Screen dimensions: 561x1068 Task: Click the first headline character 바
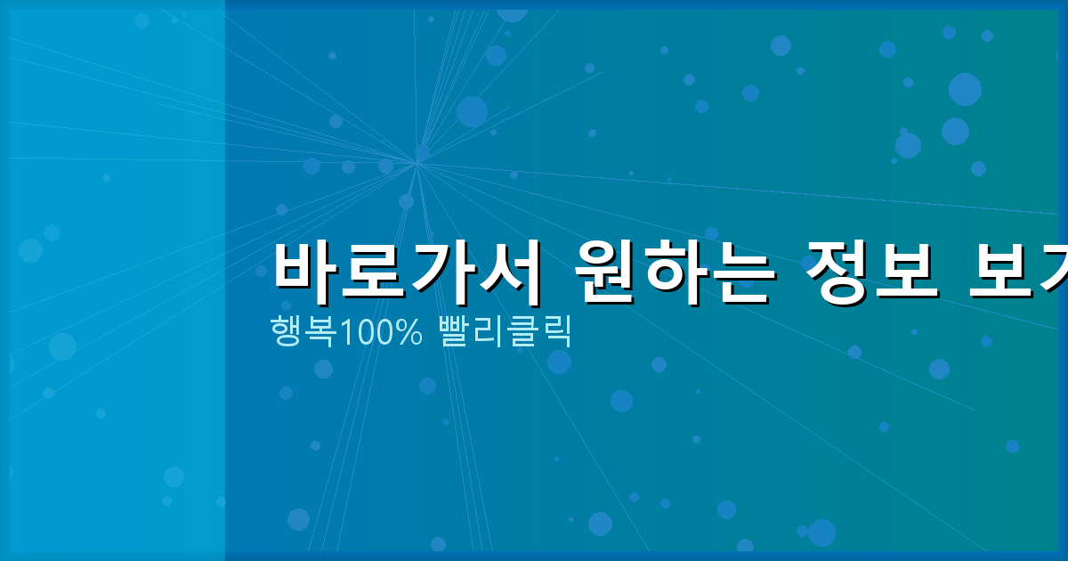pyautogui.click(x=306, y=267)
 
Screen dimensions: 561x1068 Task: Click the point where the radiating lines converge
pyautogui.click(x=417, y=163)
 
